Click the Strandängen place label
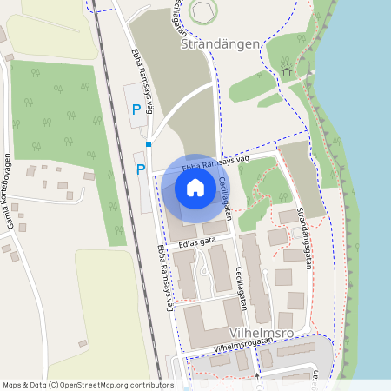click(x=221, y=43)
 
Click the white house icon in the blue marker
click(x=195, y=187)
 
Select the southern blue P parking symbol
click(x=141, y=169)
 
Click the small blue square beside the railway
click(x=149, y=144)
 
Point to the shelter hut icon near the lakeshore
click(x=285, y=72)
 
